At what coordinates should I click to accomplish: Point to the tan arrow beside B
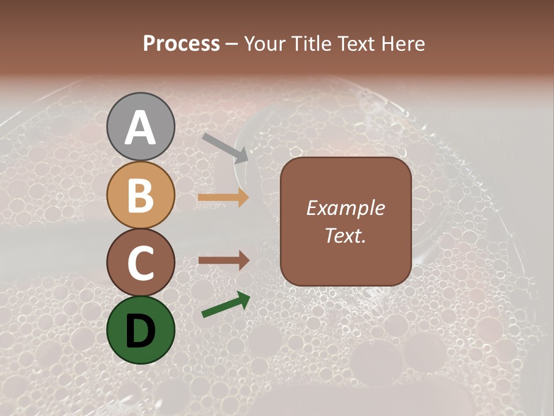click(223, 198)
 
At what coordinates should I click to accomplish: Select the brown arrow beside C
click(223, 261)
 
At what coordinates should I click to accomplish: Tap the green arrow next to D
click(226, 305)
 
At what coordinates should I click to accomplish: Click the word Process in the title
click(181, 44)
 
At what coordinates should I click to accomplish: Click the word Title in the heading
click(307, 44)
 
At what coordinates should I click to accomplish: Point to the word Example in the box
click(345, 208)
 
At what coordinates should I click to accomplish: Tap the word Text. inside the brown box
click(345, 236)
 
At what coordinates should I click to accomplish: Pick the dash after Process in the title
click(231, 44)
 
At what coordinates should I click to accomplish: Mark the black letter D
click(141, 330)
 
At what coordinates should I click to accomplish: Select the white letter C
click(141, 263)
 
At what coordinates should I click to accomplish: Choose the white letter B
click(141, 195)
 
